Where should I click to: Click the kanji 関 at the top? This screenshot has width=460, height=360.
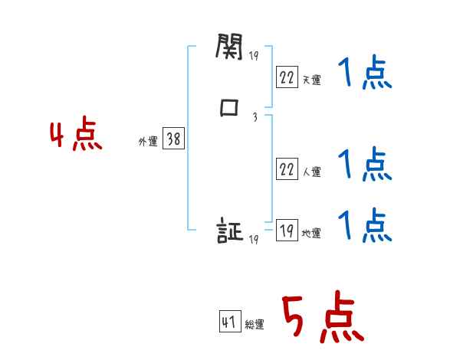pos(228,49)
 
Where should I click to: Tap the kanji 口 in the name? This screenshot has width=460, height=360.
pos(228,109)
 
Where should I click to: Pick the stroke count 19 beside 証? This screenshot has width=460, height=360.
pos(254,240)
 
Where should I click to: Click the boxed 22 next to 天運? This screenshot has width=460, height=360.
pos(287,77)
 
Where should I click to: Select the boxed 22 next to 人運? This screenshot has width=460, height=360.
pos(287,170)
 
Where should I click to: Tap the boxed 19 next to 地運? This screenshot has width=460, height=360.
pos(287,231)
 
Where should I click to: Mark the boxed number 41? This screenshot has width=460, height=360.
pos(229,322)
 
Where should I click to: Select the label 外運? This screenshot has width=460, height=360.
pos(148,142)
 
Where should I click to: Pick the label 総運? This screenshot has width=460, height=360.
pos(254,325)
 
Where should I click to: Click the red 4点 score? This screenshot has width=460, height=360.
pos(75,136)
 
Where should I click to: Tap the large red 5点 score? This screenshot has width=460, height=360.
pos(323,318)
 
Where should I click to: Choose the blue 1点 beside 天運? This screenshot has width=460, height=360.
pos(365,75)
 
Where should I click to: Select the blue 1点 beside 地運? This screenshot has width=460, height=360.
pos(365,224)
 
